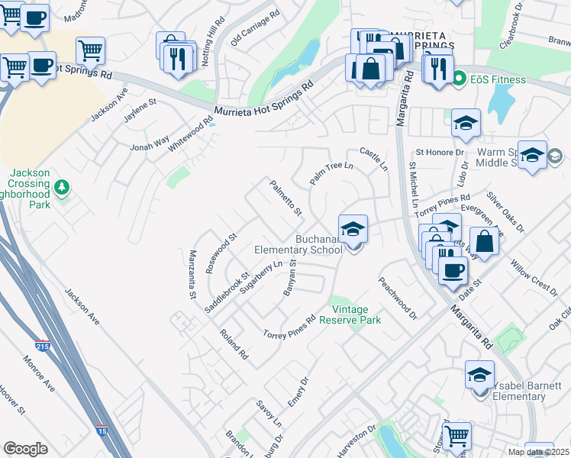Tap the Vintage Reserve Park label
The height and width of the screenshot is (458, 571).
[356, 314]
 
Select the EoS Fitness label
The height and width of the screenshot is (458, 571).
[498, 79]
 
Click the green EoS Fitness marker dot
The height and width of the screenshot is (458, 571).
[460, 79]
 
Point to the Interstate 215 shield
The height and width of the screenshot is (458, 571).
[43, 346]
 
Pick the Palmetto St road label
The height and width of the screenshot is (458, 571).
[285, 197]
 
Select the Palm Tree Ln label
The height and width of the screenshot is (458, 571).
[332, 173]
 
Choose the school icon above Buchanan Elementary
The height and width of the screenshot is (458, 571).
[353, 228]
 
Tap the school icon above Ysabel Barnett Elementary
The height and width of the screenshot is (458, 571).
[479, 375]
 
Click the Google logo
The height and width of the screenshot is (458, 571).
[25, 449]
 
